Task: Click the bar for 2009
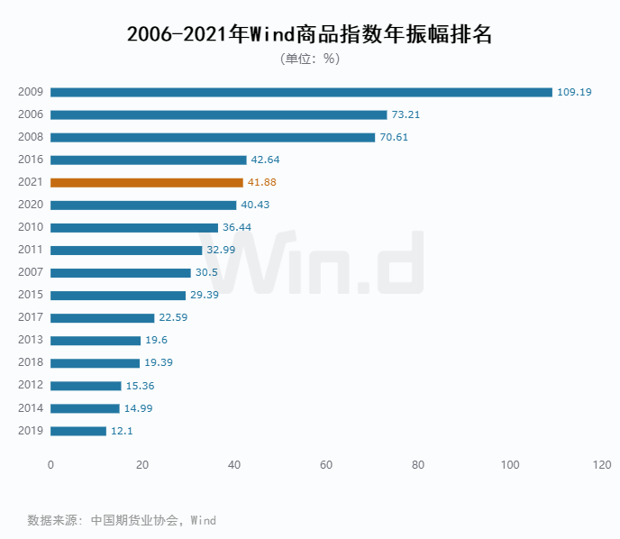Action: point(301,92)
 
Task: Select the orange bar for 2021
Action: point(147,182)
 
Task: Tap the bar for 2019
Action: point(78,431)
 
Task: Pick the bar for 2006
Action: point(219,114)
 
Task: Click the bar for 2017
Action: point(103,317)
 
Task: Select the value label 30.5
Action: point(207,272)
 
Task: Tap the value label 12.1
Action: point(122,431)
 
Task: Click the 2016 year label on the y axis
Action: point(31,160)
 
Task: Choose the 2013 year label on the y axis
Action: point(31,340)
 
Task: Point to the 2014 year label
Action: point(31,408)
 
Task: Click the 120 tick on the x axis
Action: point(602,465)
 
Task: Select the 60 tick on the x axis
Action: point(326,465)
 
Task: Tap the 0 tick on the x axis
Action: point(50,465)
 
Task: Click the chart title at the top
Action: point(310,34)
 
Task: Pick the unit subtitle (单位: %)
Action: point(310,59)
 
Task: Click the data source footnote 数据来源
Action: point(122,520)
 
